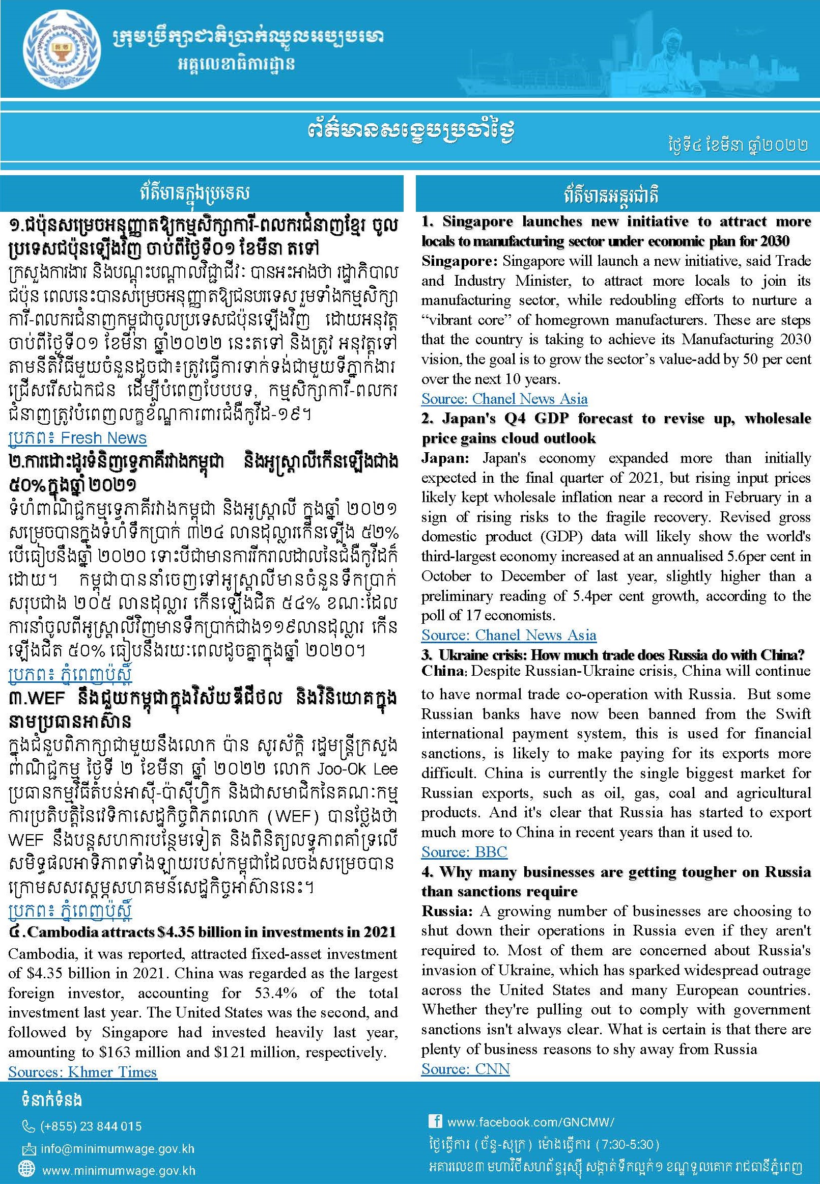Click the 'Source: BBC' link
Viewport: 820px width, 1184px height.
click(464, 851)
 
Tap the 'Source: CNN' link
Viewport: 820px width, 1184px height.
click(465, 1068)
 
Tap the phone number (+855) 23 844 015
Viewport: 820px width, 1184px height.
click(91, 1126)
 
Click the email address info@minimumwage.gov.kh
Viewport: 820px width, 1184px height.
click(118, 1148)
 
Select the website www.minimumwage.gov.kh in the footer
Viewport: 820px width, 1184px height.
click(119, 1171)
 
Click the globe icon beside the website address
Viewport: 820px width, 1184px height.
click(26, 1170)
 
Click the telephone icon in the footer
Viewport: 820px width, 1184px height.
click(28, 1126)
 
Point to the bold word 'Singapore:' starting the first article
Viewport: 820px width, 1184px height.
click(459, 261)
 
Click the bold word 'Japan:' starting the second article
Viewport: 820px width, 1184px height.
click(445, 458)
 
